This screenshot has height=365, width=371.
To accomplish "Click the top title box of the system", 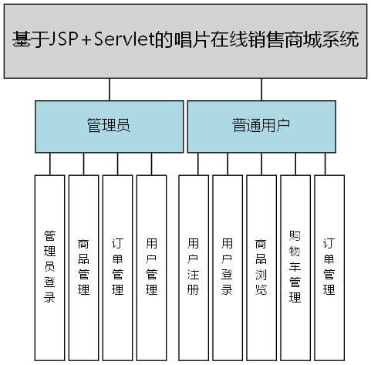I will point(185,40).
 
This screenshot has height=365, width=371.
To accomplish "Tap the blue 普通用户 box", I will point(261,126).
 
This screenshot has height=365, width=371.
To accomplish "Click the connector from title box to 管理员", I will point(110,90).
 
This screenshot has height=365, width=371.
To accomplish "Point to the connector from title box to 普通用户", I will point(261,90).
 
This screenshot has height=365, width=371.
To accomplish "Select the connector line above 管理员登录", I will point(50,164).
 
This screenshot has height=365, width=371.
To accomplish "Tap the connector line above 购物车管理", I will point(295,164).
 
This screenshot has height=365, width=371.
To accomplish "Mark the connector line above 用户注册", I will point(198,164).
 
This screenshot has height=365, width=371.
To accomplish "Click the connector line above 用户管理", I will point(152,164).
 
